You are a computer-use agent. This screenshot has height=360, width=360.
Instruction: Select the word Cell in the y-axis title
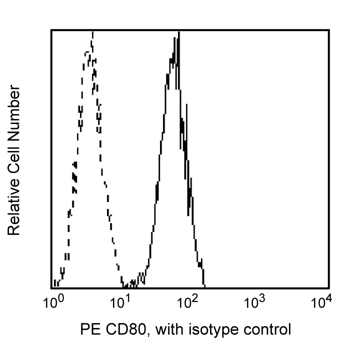tap(14, 160)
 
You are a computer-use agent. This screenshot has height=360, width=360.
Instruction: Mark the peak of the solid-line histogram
tap(178, 32)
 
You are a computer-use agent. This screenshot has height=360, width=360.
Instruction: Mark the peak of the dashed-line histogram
tap(92, 32)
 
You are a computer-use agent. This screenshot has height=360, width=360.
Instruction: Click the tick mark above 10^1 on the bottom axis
tap(121, 286)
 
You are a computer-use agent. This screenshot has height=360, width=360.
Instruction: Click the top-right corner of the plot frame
tap(328, 30)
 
